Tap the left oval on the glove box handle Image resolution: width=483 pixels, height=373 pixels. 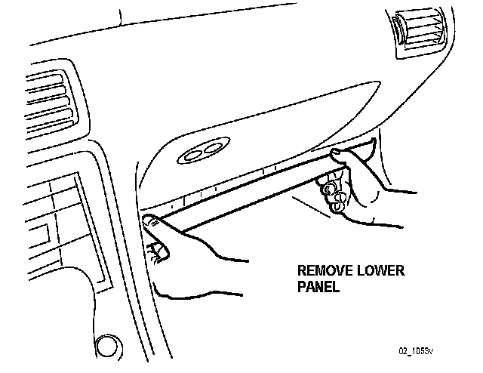[x=193, y=155]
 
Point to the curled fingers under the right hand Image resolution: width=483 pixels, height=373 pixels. [x=335, y=192]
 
